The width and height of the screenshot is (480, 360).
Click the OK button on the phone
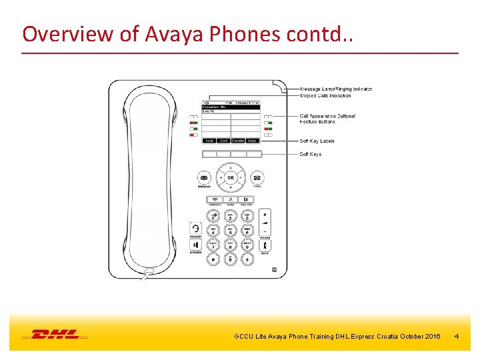pos(230,178)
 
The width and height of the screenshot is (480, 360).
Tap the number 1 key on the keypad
pos(213,217)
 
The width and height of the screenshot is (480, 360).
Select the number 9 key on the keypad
pos(247,245)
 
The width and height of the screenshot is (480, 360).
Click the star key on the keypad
pos(213,259)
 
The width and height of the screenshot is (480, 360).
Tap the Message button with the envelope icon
pos(204,178)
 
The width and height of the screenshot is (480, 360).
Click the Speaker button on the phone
pos(195,245)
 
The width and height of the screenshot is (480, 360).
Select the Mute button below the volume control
pos(265,245)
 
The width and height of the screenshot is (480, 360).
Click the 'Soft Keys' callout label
pos(310,154)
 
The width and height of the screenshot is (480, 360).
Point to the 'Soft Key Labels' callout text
pos(317,141)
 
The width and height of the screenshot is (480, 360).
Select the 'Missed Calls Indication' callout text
pos(325,95)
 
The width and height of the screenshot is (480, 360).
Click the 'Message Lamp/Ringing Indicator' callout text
pos(336,89)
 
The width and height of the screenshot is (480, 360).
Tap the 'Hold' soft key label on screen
pos(209,141)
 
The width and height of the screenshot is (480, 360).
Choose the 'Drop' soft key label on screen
pos(252,141)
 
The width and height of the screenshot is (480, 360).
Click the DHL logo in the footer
pos(55,334)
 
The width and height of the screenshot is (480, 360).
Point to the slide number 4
pos(456,336)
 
